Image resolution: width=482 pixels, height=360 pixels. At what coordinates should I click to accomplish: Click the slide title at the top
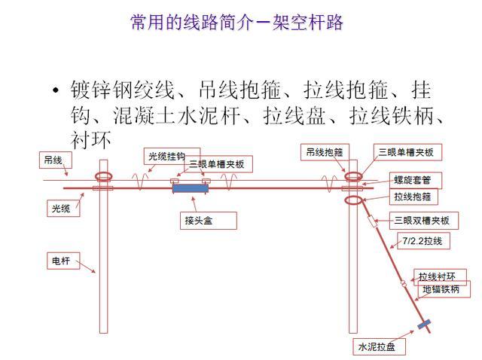coord(236,23)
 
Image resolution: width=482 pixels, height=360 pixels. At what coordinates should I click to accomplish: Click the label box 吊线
coord(53,160)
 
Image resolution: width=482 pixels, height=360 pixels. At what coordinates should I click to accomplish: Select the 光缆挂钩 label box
coord(172,155)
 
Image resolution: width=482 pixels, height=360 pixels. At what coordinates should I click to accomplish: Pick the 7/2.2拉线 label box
coord(423,241)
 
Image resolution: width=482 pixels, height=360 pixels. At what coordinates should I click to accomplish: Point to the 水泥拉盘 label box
coord(380,346)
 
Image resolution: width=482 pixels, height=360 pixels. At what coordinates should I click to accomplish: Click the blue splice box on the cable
coord(191,187)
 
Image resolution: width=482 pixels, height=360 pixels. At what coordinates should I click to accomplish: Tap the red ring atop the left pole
coord(102,178)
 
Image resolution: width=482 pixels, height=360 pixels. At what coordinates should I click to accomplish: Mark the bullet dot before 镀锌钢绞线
coord(55,92)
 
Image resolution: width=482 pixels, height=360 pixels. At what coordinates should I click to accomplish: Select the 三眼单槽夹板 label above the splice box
coord(221,164)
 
